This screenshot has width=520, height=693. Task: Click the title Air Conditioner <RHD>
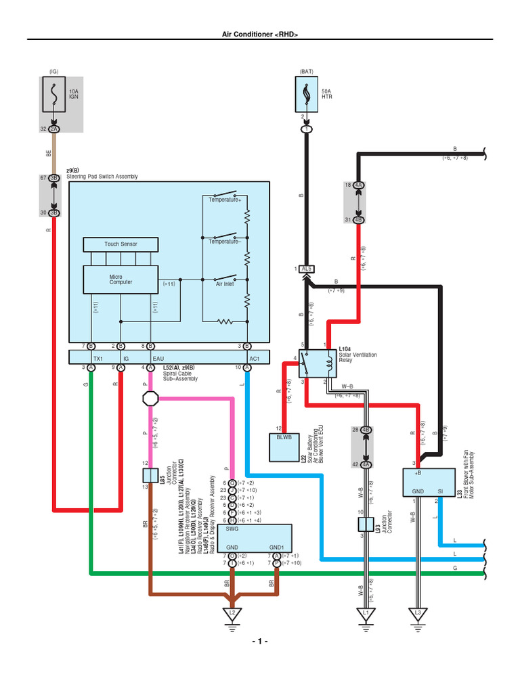pos(261,34)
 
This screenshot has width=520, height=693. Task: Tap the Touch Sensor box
pos(121,244)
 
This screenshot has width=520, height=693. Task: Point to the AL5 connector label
pos(307,269)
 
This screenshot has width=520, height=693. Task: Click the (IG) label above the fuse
pos(54,71)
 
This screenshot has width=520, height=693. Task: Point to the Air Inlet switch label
pos(224,285)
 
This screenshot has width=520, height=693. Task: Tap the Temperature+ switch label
pos(225,200)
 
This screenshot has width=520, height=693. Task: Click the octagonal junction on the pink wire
pos(150,398)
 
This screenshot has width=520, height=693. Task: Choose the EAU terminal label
pos(158,357)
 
